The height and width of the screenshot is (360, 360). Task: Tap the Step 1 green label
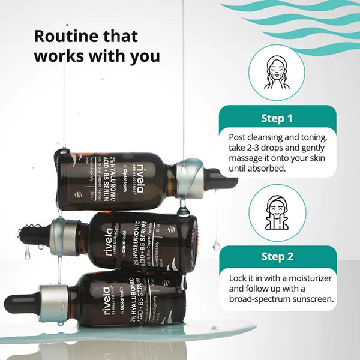pos(277,118)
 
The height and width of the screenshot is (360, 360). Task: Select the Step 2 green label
pos(277,257)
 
